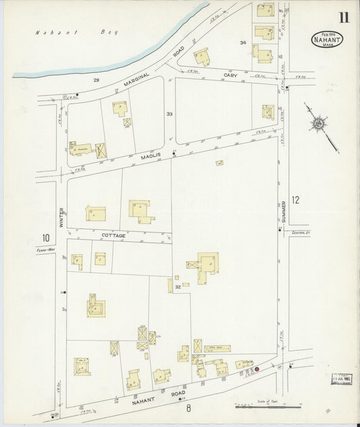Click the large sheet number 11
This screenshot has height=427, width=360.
click(344, 18)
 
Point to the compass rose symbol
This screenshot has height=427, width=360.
click(317, 123)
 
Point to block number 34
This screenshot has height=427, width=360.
click(242, 43)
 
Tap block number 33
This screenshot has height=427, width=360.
click(170, 114)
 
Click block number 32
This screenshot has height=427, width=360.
click(177, 287)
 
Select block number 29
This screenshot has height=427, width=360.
click(97, 80)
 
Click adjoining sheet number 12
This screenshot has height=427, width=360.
click(294, 199)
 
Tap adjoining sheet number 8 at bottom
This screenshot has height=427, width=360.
click(189, 407)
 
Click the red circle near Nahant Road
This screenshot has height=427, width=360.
click(256, 369)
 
